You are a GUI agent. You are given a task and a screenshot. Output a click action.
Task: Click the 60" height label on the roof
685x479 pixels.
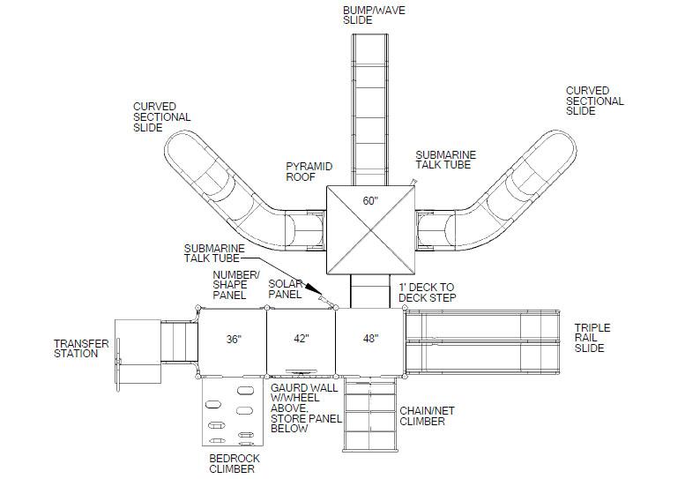[x=370, y=200]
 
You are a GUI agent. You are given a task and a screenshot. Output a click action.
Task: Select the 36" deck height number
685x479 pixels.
[x=234, y=339]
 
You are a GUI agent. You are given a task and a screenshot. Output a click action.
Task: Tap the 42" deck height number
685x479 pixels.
[x=301, y=338]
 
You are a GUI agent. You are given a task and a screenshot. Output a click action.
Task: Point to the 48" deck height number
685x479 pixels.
[x=370, y=338]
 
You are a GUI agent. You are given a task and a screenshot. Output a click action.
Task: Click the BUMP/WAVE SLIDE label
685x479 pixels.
[x=374, y=15]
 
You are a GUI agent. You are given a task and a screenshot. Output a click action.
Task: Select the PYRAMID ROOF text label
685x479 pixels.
[x=309, y=171]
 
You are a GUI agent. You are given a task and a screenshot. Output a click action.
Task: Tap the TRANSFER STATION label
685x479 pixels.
[x=81, y=348]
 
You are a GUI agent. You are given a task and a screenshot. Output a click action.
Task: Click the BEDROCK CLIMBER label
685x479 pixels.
[x=235, y=464]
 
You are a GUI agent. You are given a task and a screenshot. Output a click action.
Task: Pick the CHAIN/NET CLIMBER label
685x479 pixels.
[x=427, y=416]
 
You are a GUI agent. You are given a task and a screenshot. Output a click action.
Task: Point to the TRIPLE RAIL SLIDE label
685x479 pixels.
[x=592, y=338]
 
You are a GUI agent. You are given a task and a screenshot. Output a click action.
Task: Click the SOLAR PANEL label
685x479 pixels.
[x=286, y=289]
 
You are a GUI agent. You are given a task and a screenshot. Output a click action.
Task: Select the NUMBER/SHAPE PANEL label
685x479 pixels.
[x=236, y=285]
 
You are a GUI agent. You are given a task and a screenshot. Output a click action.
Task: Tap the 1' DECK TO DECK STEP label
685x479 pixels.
[x=428, y=292]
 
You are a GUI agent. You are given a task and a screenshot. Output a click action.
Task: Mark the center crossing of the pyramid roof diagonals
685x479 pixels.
[x=371, y=229]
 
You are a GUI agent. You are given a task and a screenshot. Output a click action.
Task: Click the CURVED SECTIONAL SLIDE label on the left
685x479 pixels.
[x=161, y=116]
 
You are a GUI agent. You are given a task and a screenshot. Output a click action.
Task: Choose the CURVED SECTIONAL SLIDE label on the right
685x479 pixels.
[x=594, y=101]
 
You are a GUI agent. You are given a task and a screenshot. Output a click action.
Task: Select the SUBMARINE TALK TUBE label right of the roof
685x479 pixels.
[x=445, y=160]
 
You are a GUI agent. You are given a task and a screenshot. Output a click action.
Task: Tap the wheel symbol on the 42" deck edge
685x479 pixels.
[x=302, y=371]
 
